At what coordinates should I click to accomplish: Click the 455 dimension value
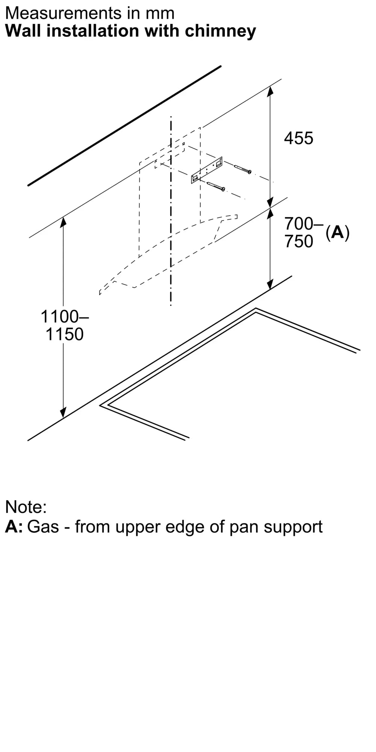click(x=299, y=138)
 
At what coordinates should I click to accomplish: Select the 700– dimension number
click(x=304, y=224)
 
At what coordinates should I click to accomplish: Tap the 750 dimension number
click(x=299, y=241)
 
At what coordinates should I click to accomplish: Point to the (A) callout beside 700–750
click(x=338, y=232)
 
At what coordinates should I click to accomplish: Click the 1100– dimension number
click(x=65, y=317)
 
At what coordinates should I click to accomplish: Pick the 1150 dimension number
click(x=65, y=334)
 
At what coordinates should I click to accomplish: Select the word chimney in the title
click(x=220, y=31)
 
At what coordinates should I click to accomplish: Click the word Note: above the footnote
click(x=26, y=507)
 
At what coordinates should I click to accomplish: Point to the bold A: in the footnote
click(x=14, y=526)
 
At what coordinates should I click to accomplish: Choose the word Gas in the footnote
click(x=43, y=526)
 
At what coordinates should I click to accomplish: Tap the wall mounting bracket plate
click(x=207, y=170)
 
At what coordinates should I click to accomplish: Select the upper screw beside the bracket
click(x=243, y=169)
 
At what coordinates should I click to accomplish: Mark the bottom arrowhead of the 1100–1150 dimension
click(x=63, y=412)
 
